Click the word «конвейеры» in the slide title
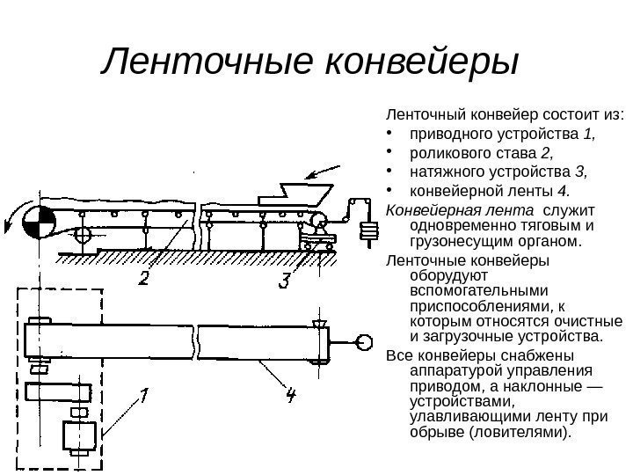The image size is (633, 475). point(423,63)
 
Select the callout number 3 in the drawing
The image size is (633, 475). point(284,281)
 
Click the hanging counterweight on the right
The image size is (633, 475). point(370,231)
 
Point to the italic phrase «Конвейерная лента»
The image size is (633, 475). point(459,212)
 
